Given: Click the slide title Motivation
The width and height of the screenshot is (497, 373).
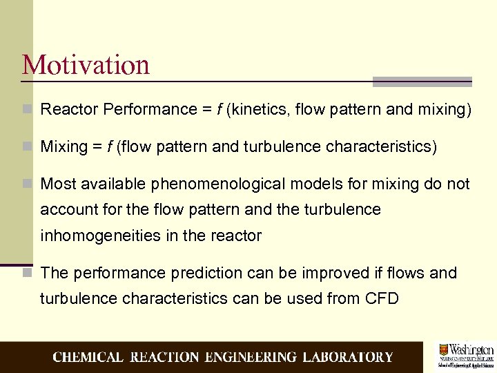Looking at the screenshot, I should (x=86, y=65).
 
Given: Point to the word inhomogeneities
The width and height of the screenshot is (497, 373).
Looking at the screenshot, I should (x=101, y=236).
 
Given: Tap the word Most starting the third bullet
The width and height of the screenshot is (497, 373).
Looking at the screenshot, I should (x=59, y=184).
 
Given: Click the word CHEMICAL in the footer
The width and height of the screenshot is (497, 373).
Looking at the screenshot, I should (x=88, y=357).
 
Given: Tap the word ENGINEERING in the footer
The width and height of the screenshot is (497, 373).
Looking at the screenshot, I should (x=250, y=357).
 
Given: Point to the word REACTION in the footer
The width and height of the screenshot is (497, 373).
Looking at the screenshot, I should (x=164, y=357).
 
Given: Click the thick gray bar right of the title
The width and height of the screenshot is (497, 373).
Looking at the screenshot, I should (x=422, y=81).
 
